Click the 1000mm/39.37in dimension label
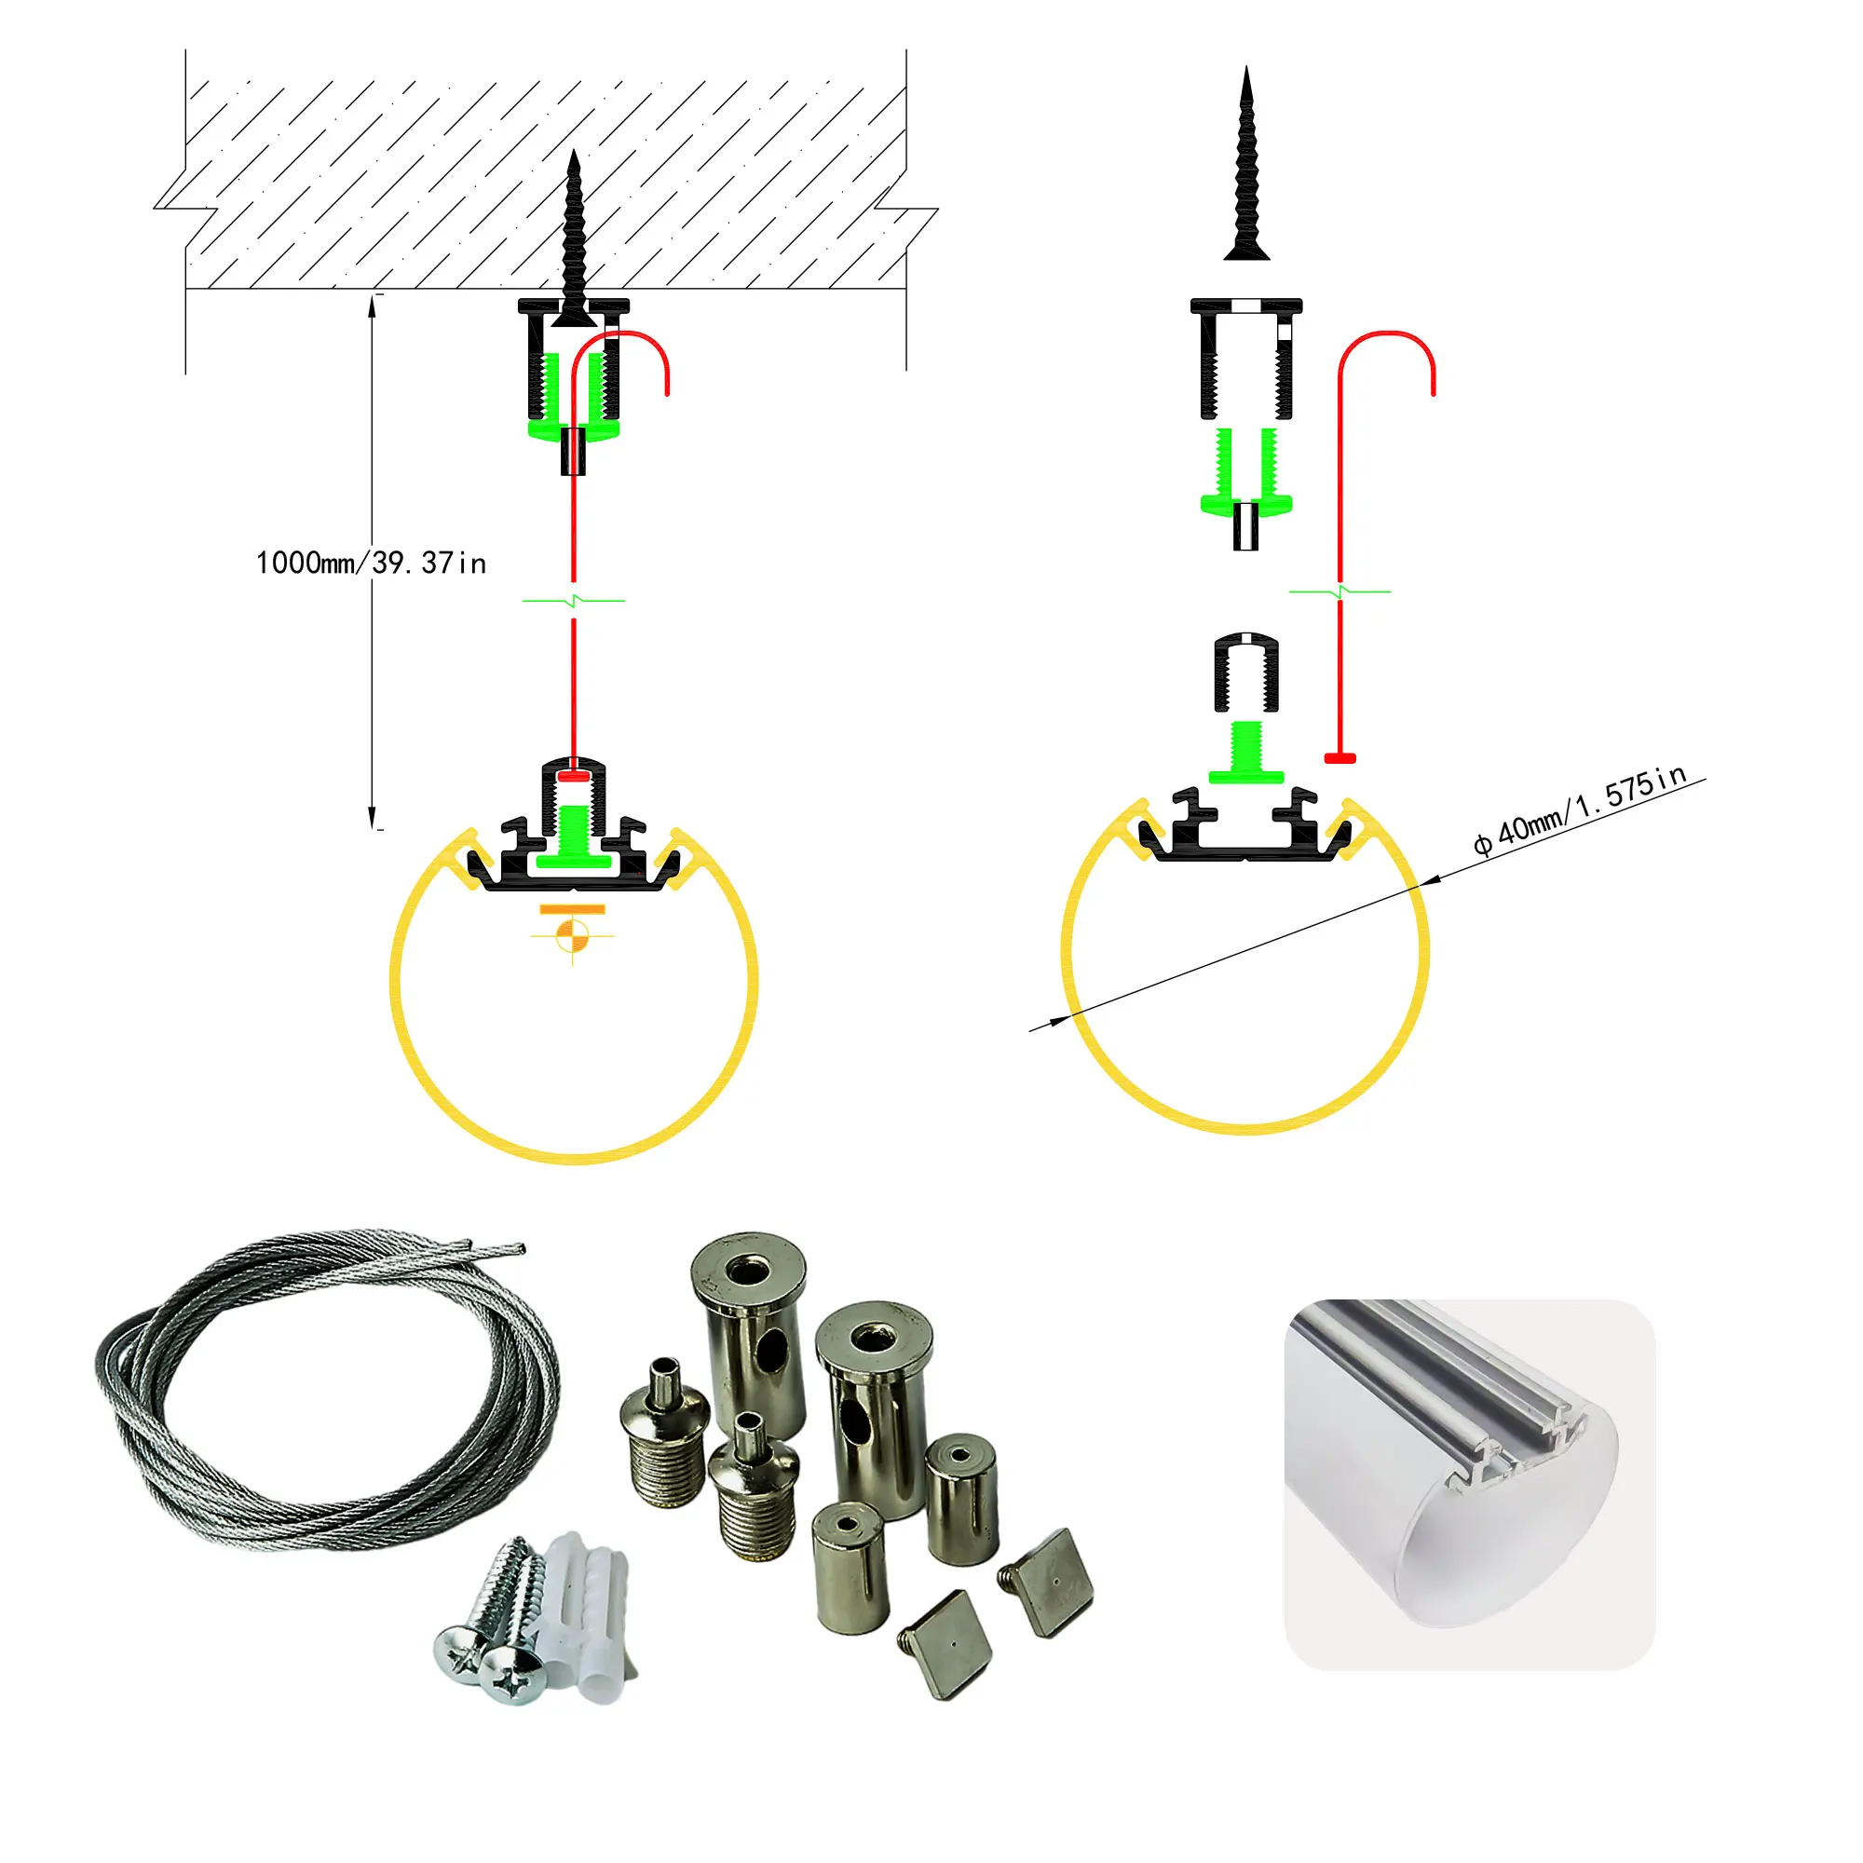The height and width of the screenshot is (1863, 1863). tap(371, 564)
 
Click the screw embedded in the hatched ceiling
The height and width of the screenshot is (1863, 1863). tap(574, 241)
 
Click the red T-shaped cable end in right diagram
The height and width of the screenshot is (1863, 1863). tap(1340, 759)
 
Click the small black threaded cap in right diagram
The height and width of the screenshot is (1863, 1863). tap(1245, 673)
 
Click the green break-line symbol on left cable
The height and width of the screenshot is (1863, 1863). tap(574, 601)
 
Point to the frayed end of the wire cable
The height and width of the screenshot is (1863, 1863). tap(501, 1250)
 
